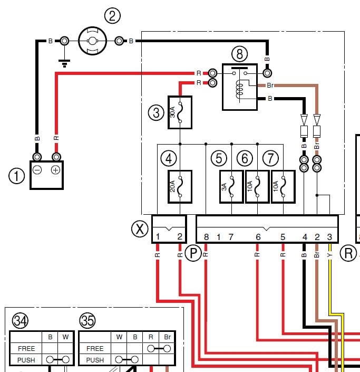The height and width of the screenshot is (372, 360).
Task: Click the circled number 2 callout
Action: click(112, 16)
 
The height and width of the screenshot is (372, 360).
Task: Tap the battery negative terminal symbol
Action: click(38, 169)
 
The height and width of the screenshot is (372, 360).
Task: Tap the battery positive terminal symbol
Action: click(55, 169)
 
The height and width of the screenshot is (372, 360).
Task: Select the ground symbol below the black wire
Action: click(65, 64)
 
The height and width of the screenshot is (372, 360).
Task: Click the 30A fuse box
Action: click(179, 112)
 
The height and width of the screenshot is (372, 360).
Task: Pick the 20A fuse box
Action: click(179, 187)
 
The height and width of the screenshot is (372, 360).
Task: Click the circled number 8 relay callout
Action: click(239, 53)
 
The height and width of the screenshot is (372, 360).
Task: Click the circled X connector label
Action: click(140, 228)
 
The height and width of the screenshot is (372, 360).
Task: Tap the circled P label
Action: click(193, 253)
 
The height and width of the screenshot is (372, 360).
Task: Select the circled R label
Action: click(348, 253)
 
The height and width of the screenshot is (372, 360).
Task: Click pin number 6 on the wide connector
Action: click(258, 237)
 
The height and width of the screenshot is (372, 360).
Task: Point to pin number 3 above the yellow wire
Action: click(330, 237)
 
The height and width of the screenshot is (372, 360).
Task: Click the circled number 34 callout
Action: click(21, 320)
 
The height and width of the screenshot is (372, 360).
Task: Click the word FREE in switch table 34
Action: click(26, 348)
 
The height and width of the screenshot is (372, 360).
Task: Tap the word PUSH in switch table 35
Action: click(95, 360)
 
